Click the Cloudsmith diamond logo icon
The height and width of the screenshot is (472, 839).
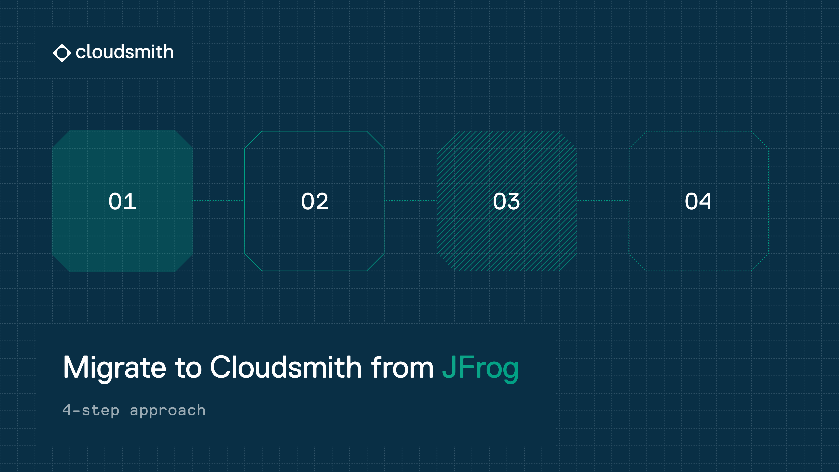point(62,53)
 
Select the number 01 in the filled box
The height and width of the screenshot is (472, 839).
point(122,201)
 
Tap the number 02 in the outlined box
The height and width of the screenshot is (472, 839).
point(315,201)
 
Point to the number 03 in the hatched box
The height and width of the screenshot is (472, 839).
point(506,201)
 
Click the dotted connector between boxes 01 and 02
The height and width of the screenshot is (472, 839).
point(218,201)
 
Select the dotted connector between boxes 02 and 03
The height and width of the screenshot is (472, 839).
point(410,201)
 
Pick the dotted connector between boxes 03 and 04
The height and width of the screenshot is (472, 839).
point(603,201)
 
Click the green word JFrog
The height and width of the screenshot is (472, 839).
point(480,368)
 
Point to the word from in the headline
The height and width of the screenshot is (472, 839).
point(402,367)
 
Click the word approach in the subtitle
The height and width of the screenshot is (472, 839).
point(168,410)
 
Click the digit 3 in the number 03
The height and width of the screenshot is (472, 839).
point(513,201)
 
